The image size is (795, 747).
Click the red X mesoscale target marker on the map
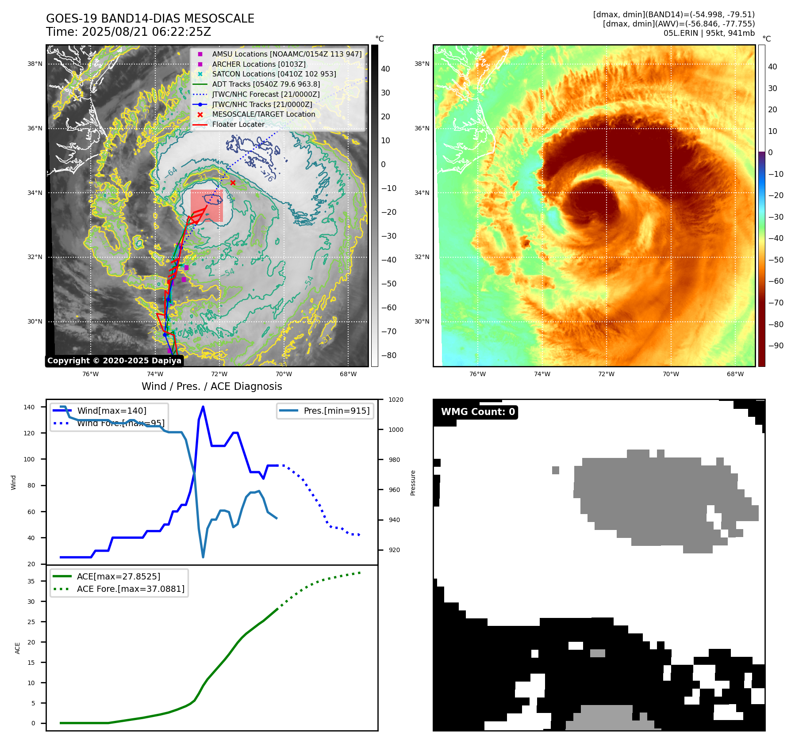pos(233,183)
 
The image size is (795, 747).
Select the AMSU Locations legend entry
pos(286,54)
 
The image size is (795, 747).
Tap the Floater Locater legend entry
pos(238,124)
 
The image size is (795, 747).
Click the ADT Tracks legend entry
pos(266,84)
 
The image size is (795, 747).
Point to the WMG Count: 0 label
pos(478,412)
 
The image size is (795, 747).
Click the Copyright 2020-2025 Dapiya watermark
pos(114,361)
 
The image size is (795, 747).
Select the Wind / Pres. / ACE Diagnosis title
pos(211,386)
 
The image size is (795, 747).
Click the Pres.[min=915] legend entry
pos(336,411)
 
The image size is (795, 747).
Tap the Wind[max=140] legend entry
pos(111,411)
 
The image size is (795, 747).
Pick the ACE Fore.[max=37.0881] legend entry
pos(131,589)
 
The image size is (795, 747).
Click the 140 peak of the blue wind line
pos(203,407)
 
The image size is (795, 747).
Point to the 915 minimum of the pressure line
pos(203,557)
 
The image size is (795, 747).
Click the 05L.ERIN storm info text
pos(709,33)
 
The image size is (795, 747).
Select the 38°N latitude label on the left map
pos(35,64)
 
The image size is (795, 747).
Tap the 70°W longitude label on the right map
pos(671,374)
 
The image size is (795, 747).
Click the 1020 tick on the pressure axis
pos(396,400)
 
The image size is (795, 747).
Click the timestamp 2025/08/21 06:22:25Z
pos(146,32)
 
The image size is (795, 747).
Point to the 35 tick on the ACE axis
pos(31,581)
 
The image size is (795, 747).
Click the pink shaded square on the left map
pos(207,206)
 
